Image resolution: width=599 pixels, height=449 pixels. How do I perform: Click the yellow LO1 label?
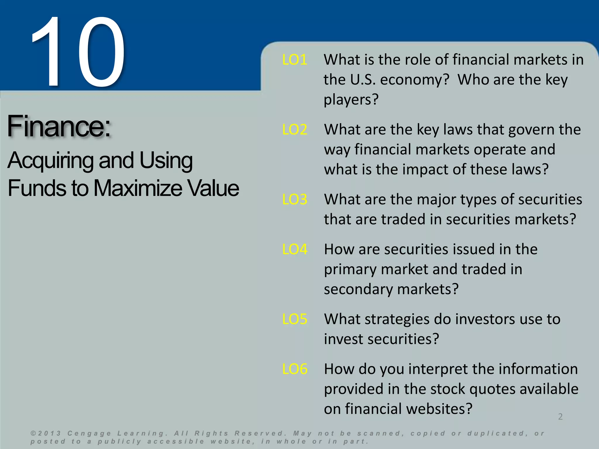(x=295, y=60)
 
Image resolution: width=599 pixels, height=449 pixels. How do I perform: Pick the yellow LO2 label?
(x=295, y=129)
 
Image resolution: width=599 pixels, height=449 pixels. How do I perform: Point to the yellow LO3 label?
(x=295, y=199)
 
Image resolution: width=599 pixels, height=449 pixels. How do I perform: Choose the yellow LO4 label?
(x=295, y=249)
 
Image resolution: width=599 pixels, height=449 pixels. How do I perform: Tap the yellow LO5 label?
(x=295, y=319)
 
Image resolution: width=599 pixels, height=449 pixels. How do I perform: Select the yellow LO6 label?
(x=295, y=369)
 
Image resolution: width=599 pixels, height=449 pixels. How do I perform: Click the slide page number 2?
(x=560, y=417)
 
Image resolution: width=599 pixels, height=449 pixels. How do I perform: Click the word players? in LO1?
(x=351, y=100)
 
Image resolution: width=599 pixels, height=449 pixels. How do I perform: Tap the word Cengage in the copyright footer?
(x=89, y=433)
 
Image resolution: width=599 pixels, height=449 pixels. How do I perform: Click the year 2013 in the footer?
(x=49, y=433)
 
